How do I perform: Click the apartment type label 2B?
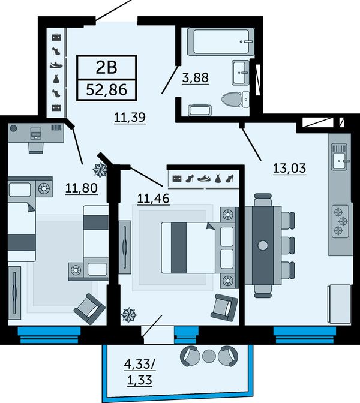pos(106,68)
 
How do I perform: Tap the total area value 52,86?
pos(106,90)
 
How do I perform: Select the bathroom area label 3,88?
pos(196,77)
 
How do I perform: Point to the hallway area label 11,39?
pos(130,118)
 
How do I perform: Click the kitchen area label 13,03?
pos(290,169)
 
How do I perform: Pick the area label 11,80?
pos(82,188)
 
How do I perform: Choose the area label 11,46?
pos(154,199)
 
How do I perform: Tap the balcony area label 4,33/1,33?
pos(140,372)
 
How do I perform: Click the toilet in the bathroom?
pos(235,100)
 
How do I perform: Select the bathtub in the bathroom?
pos(221,41)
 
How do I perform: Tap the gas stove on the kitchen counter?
pos(340,221)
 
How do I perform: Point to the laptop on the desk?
pos(36,133)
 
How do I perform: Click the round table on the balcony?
pos(209,356)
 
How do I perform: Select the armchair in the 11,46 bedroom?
pos(224,308)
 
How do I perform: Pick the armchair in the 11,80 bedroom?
pos(89,309)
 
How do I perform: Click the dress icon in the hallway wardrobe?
pos(56,79)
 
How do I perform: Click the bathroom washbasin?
pos(241,73)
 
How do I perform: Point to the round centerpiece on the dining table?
pos(263,245)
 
